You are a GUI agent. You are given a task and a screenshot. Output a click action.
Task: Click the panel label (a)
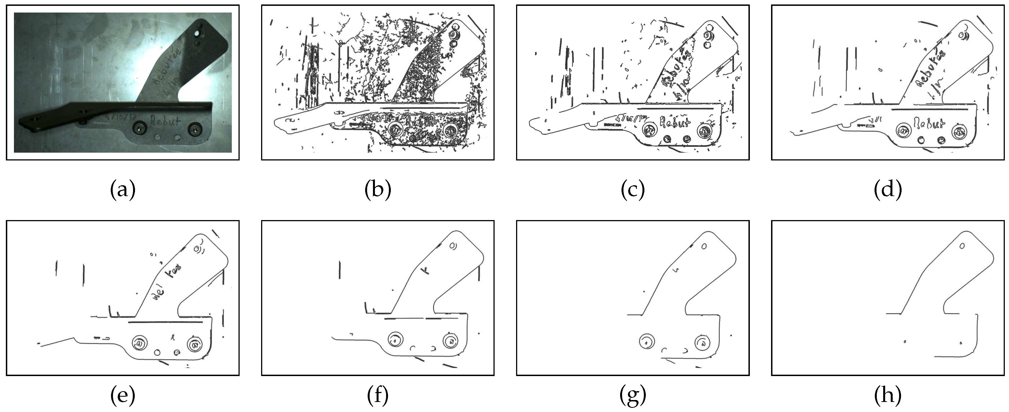(x=122, y=190)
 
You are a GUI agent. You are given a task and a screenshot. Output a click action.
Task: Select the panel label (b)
(x=378, y=190)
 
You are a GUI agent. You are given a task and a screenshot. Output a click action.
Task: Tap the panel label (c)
(x=633, y=190)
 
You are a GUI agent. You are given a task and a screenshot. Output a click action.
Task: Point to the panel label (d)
(x=888, y=190)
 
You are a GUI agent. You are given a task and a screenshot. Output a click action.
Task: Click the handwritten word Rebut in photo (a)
(x=166, y=121)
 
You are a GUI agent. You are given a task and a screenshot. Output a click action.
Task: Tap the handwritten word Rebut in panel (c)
(x=675, y=123)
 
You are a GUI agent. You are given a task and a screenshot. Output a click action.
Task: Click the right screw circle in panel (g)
(x=703, y=342)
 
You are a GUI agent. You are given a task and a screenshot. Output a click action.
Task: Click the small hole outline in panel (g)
(x=704, y=247)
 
